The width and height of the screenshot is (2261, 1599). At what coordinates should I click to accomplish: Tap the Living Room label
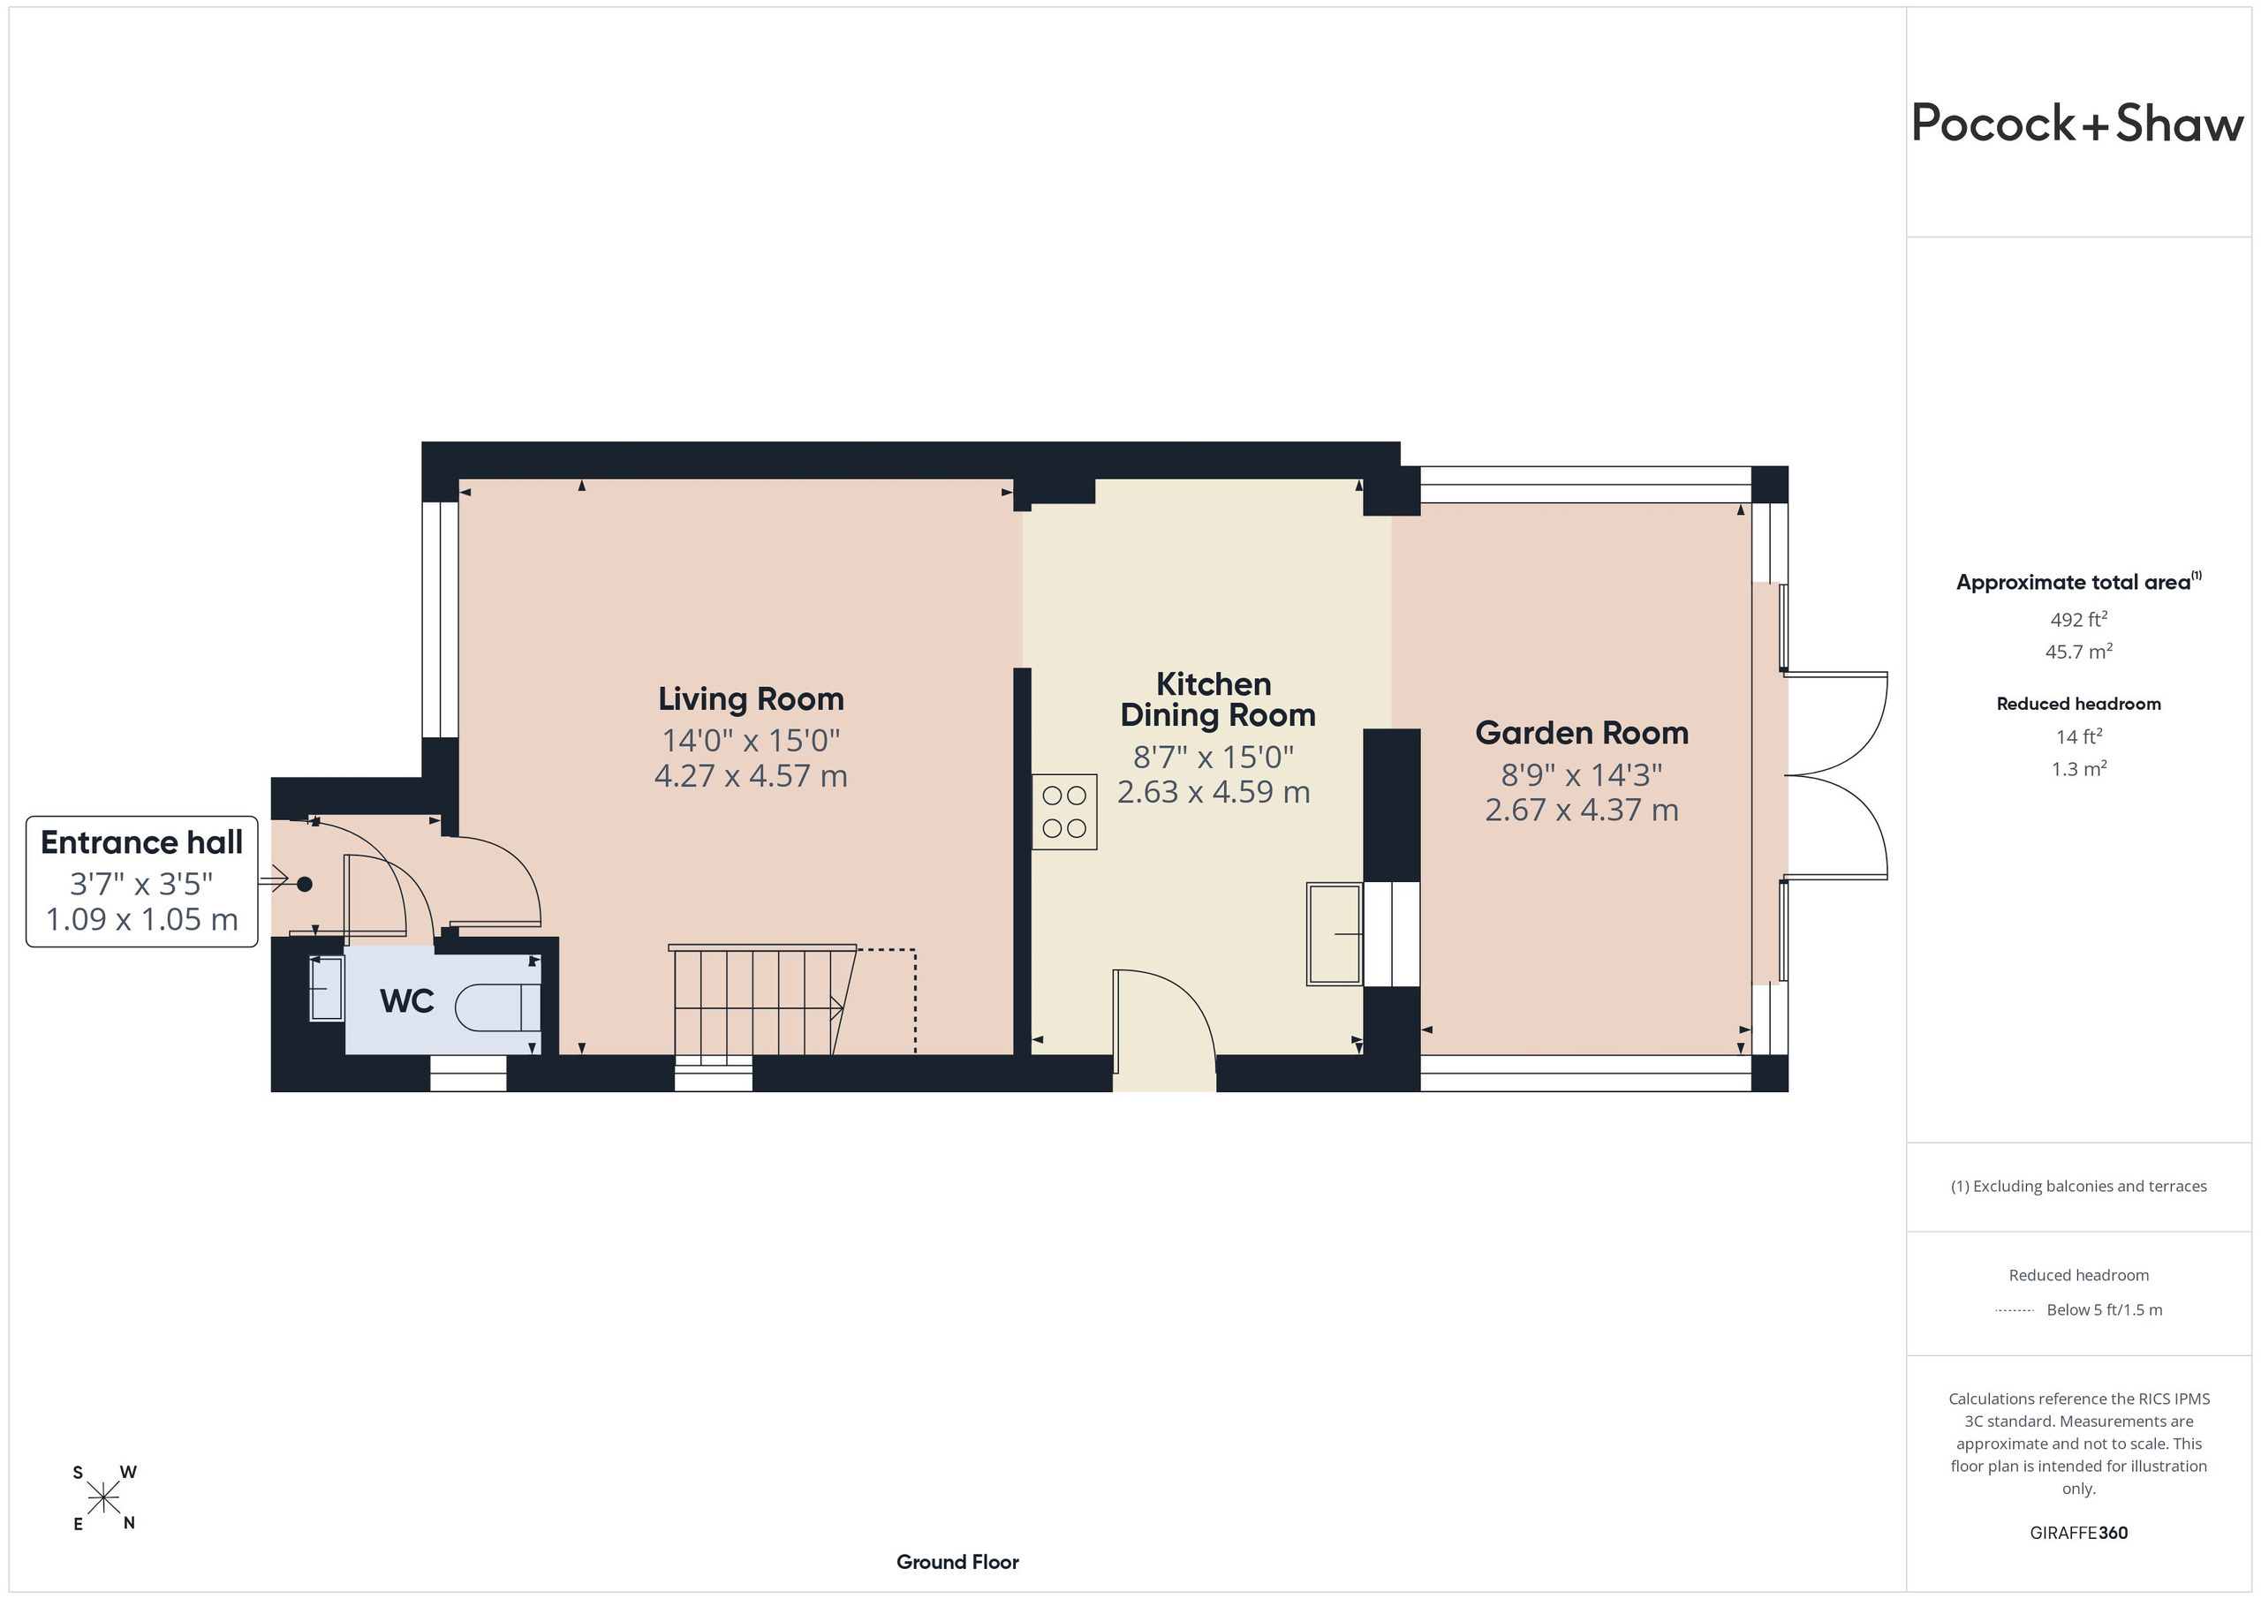(x=752, y=699)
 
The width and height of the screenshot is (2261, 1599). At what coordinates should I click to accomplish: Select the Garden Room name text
(x=1582, y=733)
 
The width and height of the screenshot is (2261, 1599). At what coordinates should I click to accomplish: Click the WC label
(x=406, y=1000)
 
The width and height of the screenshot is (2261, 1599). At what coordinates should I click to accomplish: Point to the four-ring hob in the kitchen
(x=1064, y=811)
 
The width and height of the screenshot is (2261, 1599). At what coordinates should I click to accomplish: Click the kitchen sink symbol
(x=1335, y=934)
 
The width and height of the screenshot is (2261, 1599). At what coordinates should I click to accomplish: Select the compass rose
(x=103, y=1498)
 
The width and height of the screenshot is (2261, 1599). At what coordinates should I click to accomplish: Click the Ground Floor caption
(x=957, y=1562)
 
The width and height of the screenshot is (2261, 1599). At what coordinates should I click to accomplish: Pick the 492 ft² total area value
(x=2079, y=619)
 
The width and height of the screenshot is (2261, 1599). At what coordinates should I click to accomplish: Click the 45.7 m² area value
(x=2079, y=652)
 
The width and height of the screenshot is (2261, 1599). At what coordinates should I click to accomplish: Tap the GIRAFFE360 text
(x=2079, y=1533)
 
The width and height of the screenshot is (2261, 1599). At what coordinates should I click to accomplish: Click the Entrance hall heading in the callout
(x=142, y=843)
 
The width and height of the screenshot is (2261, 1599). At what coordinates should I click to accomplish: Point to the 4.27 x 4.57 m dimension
(x=752, y=776)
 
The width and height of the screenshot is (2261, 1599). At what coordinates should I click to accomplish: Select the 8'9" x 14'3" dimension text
(x=1582, y=775)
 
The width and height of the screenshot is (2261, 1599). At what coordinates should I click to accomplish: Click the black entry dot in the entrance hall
(x=305, y=884)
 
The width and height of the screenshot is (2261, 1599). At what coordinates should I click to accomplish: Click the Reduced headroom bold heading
(x=2079, y=704)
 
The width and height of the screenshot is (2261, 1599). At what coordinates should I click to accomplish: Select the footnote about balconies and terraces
(x=2079, y=1187)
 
